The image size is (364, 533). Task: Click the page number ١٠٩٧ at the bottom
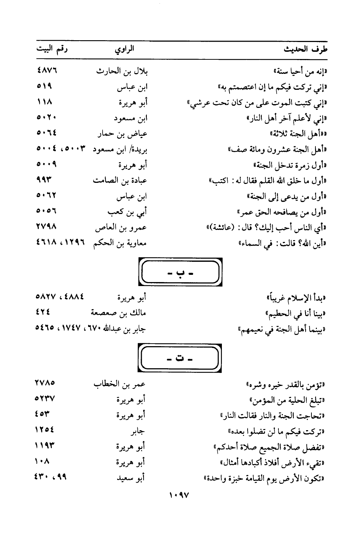179,495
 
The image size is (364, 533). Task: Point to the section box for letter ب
180,272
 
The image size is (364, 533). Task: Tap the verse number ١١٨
45,102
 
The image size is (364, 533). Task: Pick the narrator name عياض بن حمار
122,134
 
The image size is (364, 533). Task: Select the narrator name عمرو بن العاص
121,228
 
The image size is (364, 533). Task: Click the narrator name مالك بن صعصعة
118,313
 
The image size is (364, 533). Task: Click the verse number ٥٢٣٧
45,399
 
